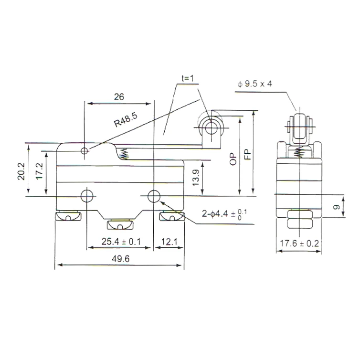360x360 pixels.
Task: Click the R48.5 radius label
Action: point(126,120)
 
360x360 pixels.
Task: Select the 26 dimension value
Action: point(119,97)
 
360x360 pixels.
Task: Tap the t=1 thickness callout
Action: point(188,78)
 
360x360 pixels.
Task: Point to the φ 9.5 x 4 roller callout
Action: point(254,84)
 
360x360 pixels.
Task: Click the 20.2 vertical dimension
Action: point(21,171)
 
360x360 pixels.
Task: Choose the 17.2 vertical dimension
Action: point(40,171)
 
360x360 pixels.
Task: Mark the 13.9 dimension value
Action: point(195,178)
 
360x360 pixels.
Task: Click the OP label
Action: point(233,159)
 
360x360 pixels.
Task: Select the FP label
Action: point(247,155)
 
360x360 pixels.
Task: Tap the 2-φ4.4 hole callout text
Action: point(224,214)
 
